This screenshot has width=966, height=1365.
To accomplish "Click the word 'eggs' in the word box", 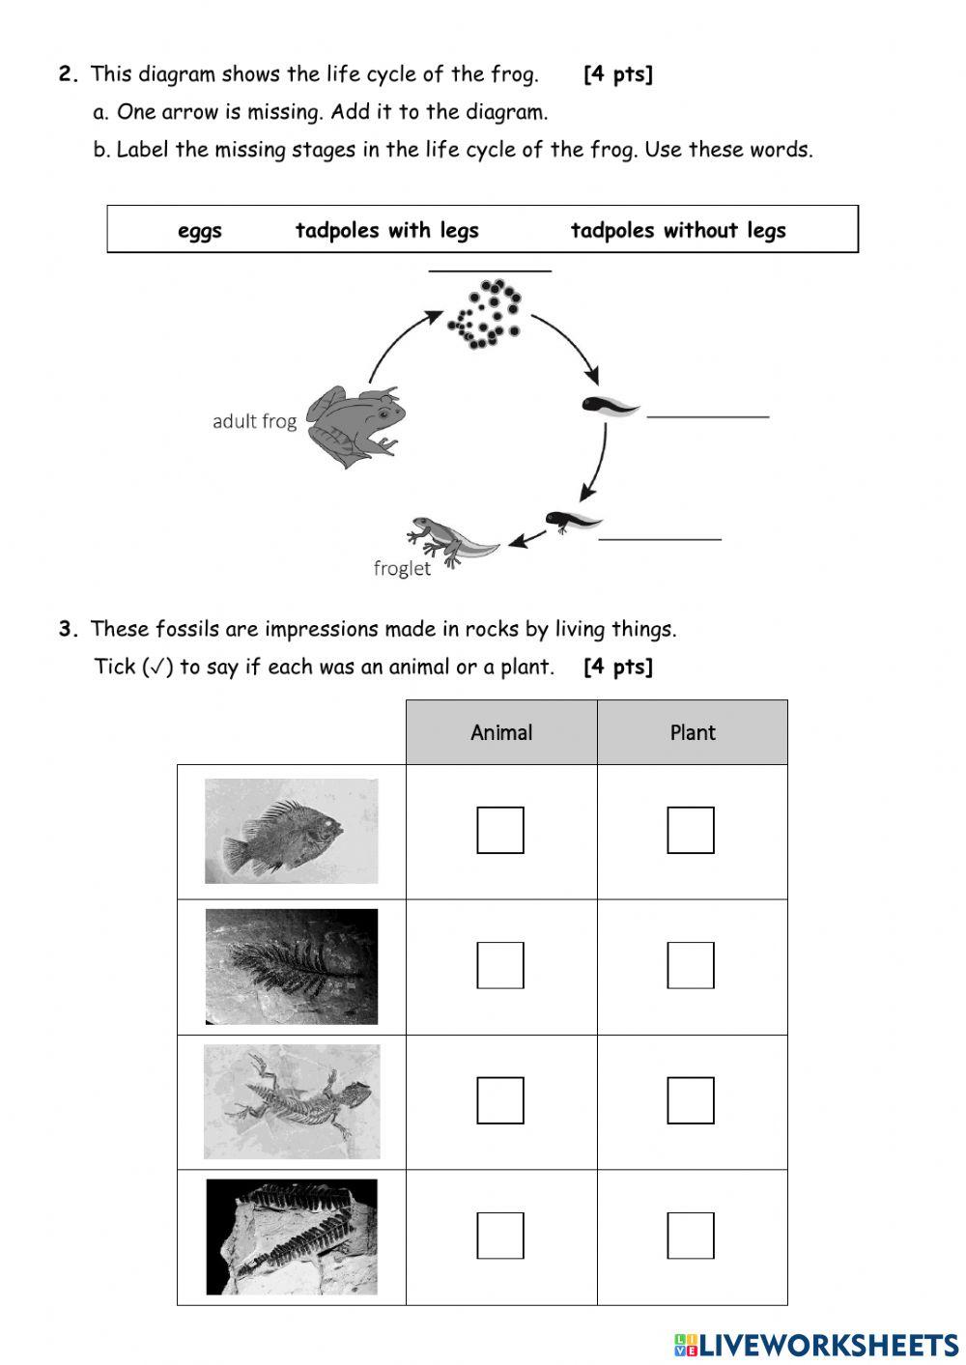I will pos(200,231).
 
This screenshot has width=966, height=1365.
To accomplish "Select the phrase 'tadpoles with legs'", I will pos(386,231).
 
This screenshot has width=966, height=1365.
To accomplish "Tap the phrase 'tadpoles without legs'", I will pos(678,231).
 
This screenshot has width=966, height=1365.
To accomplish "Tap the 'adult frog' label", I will pos(254,421).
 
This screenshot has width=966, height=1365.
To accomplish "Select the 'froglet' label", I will pos(402,568).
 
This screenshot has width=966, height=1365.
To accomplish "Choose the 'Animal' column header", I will pos(501,732).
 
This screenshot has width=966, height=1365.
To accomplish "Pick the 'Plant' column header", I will pos(693,732).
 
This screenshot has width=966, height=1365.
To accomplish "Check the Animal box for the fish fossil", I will pos(500,830).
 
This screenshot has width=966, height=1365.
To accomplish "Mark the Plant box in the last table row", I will pos(691,1236).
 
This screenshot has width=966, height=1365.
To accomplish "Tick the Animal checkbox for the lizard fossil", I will pos(500,1100).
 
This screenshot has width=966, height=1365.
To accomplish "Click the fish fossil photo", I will pos(292,831).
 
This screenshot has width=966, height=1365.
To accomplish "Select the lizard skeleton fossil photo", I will pos(292,1101).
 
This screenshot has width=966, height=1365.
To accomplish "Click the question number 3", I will pos(68,630).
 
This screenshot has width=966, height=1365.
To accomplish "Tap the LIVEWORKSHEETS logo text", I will pos(828,1345).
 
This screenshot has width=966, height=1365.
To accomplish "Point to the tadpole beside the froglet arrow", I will pos(570,522).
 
